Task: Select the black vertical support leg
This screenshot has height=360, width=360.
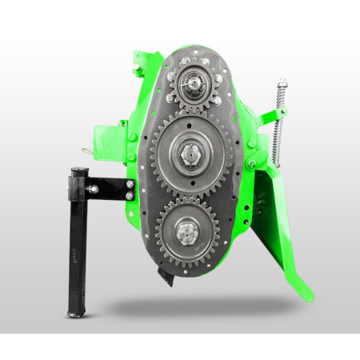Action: [x=78, y=240]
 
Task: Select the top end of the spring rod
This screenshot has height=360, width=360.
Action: [x=282, y=82]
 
